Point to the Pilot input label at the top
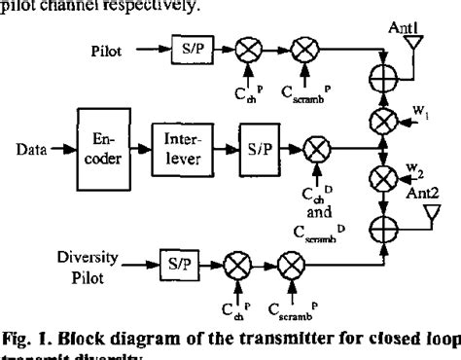pyautogui.click(x=106, y=45)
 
